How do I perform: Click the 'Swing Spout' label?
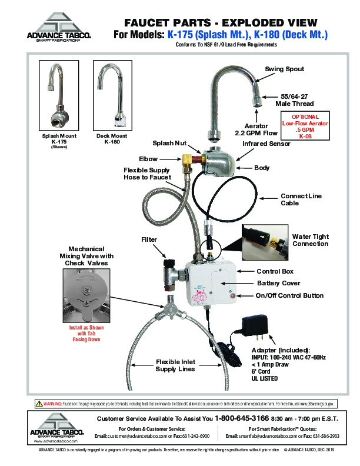[284, 69]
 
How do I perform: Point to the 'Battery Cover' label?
[279, 283]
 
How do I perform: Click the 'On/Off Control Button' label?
[290, 295]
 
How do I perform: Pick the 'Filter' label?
[149, 239]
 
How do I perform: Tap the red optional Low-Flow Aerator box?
[304, 125]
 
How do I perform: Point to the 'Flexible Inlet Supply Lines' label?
[175, 365]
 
